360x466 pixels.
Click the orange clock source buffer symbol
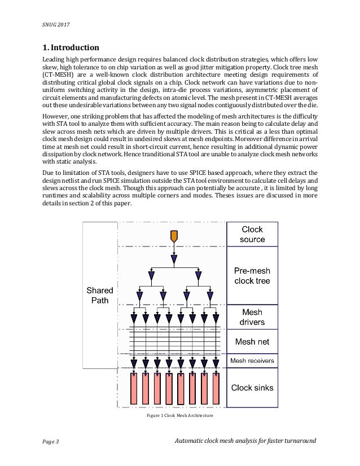(x=174, y=235)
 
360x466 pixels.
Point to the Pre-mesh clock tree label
(x=252, y=276)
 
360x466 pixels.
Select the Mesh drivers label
(x=252, y=317)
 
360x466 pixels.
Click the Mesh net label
(x=252, y=342)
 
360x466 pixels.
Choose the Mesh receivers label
(x=252, y=361)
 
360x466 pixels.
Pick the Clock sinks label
(x=252, y=388)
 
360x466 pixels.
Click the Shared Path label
(x=100, y=295)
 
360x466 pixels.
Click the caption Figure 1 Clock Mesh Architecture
(x=180, y=416)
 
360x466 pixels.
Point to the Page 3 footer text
(x=51, y=441)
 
